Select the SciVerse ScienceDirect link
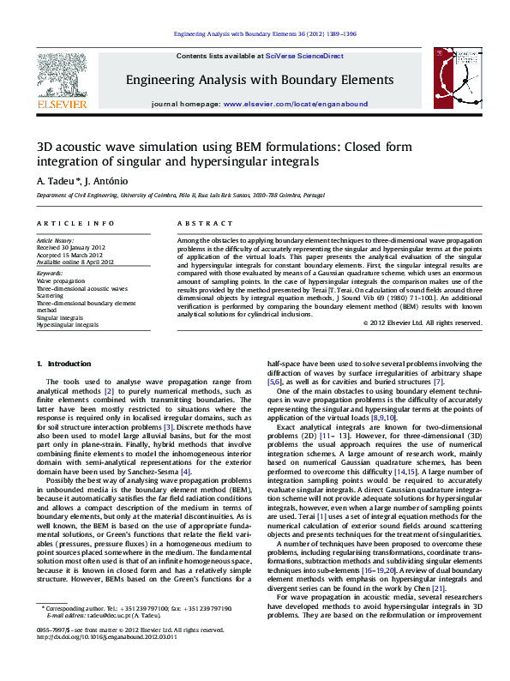pos(304,55)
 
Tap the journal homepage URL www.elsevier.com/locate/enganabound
pos(296,103)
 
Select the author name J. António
pos(101,181)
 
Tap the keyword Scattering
pos(50,295)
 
